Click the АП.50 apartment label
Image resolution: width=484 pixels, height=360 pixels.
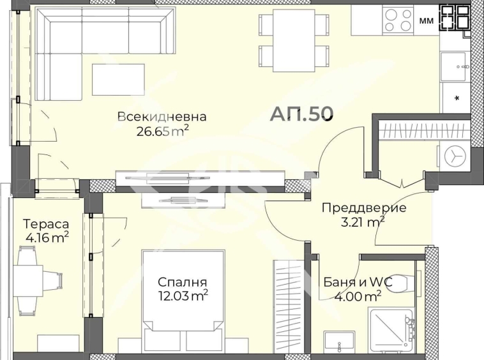click(301, 114)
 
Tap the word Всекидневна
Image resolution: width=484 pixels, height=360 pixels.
click(162, 117)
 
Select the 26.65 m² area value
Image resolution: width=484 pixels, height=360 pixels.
click(162, 131)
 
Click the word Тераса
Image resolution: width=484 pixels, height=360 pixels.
click(46, 224)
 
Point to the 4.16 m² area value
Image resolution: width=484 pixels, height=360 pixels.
click(46, 238)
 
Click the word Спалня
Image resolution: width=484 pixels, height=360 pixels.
click(183, 282)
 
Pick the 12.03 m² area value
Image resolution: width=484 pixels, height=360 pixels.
click(183, 296)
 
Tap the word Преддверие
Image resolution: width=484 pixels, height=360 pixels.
click(364, 208)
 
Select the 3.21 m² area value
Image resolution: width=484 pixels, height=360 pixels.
click(363, 221)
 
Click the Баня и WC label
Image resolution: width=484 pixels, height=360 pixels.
click(358, 282)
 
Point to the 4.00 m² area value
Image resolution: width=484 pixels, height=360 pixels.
click(358, 296)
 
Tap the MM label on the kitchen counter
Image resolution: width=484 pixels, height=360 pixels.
click(427, 20)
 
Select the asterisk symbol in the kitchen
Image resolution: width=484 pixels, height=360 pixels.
click(457, 99)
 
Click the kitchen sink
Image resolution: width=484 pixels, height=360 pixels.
click(453, 66)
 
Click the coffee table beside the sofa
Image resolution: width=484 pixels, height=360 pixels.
click(118, 80)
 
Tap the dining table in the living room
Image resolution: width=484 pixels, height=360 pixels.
click(294, 40)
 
